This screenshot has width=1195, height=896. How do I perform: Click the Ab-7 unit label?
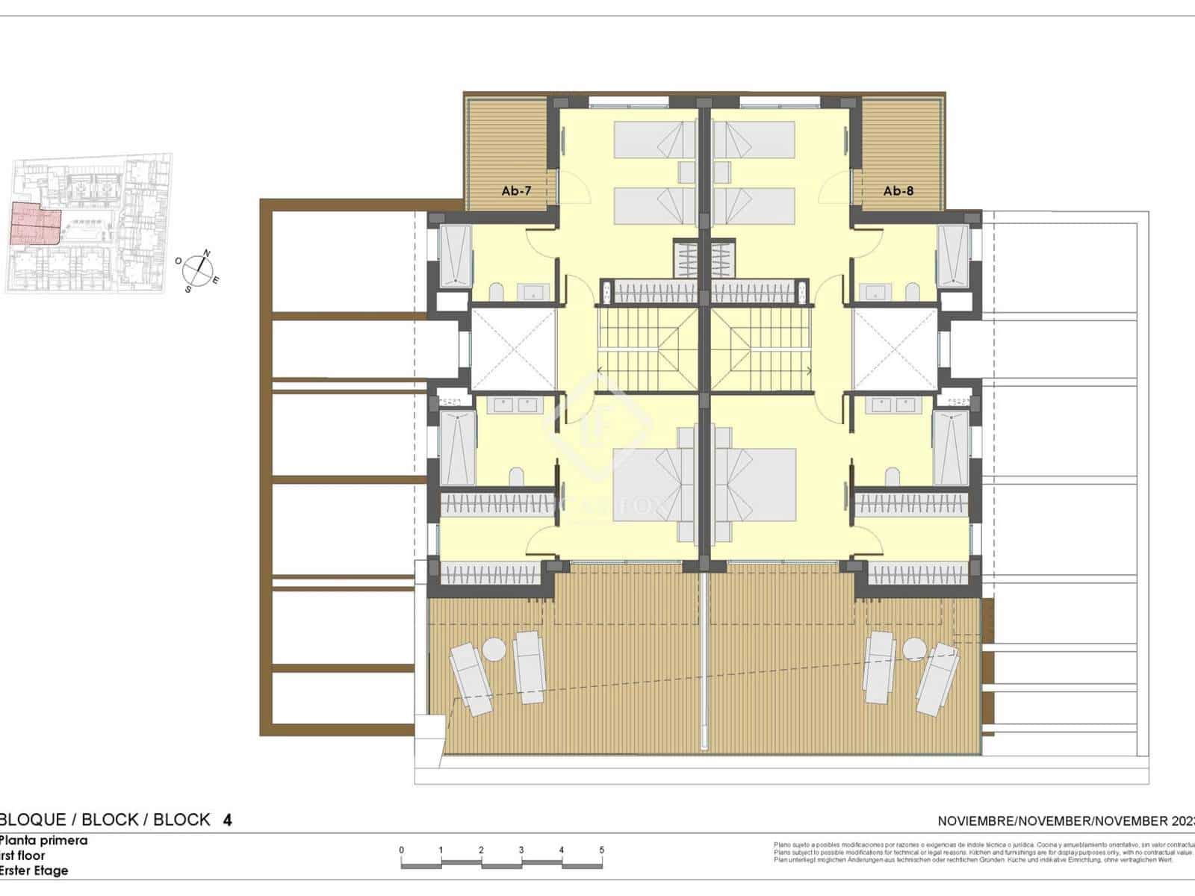(x=516, y=191)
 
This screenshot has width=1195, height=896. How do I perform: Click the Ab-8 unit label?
(x=898, y=191)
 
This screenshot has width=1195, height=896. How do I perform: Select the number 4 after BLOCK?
(x=227, y=820)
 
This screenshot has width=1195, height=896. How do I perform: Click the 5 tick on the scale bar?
(x=601, y=850)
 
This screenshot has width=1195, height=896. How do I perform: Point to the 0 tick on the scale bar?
(x=402, y=850)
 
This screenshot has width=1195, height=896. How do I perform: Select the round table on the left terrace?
(x=494, y=649)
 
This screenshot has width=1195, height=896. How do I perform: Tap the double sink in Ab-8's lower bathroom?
(x=895, y=405)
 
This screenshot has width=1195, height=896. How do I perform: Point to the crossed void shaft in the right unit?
(x=895, y=349)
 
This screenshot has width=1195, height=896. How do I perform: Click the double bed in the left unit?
(x=654, y=484)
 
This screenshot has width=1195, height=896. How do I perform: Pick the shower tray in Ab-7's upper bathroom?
(x=455, y=255)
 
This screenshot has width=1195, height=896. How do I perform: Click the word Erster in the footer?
(x=19, y=871)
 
